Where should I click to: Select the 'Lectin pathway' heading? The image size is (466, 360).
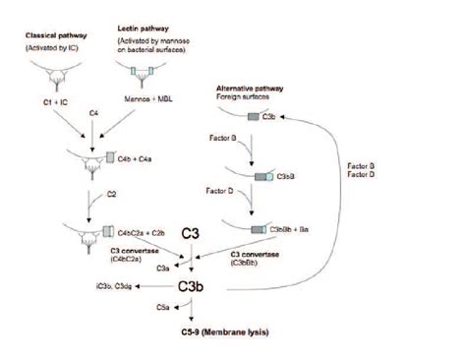144,36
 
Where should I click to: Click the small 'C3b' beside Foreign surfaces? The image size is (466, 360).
291,117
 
